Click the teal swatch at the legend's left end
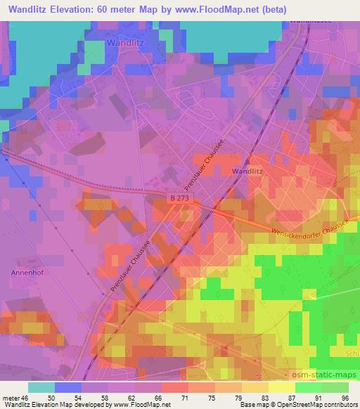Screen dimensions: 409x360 (x=41, y=387)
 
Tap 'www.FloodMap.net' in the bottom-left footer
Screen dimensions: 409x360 (x=134, y=405)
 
